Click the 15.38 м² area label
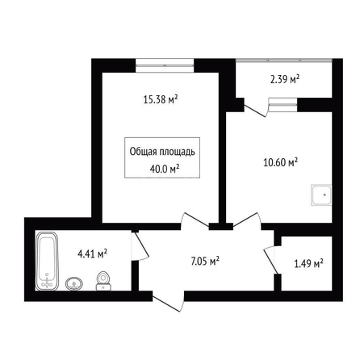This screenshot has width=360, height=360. click(x=161, y=100)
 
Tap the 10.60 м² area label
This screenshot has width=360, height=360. click(x=280, y=162)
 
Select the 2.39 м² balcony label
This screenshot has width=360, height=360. click(x=285, y=79)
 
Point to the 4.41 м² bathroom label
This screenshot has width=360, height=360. click(x=92, y=253)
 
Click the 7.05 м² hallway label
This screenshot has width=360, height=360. click(x=205, y=261)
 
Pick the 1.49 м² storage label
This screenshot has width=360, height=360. click(x=308, y=264)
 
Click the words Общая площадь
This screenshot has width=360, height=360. click(x=162, y=152)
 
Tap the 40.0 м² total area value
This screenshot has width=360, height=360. click(x=165, y=169)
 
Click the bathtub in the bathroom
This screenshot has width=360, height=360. click(x=47, y=261)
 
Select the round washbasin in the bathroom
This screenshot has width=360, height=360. click(x=74, y=284)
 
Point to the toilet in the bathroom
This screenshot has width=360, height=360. click(x=103, y=281)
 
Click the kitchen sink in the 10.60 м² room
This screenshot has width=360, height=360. click(x=321, y=195)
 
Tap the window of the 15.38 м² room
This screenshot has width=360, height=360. click(x=165, y=65)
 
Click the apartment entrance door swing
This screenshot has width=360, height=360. click(x=169, y=301)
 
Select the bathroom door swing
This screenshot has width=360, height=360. click(x=140, y=245)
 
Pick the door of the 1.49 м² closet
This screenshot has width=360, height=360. click(x=270, y=260)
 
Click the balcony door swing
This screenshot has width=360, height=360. click(x=256, y=107)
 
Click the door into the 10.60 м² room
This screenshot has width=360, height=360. click(x=247, y=221)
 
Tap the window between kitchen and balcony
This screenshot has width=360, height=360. click(x=283, y=105)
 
